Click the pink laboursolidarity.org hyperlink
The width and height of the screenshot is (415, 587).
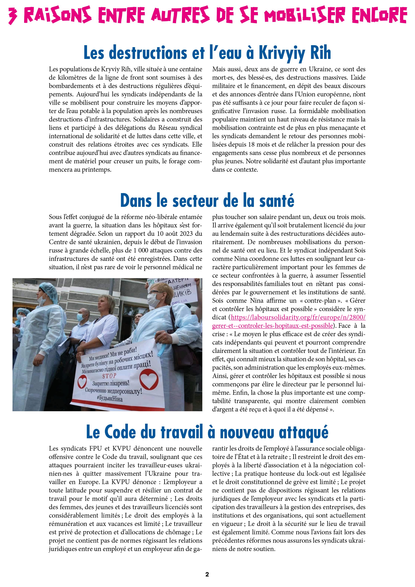[x=298, y=317]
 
